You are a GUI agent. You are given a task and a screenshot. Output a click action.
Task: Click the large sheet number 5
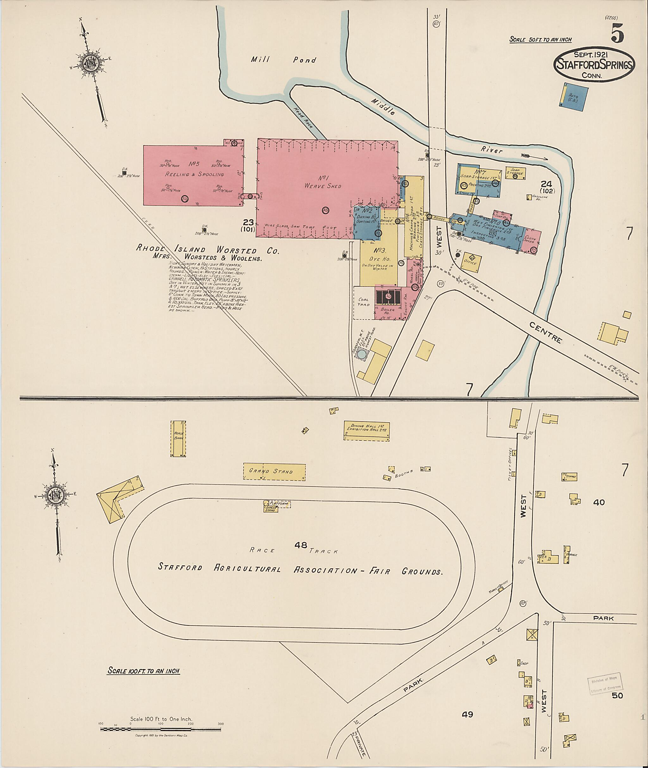618,36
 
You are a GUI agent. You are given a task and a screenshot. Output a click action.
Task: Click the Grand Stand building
274,471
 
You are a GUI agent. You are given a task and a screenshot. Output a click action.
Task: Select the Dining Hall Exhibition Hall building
367,431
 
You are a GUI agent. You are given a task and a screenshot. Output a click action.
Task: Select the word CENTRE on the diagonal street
545,332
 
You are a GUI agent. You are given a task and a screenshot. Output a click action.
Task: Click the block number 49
467,714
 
